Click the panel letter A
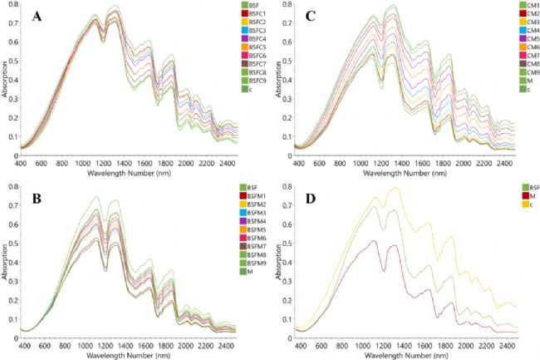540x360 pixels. (x=37, y=17)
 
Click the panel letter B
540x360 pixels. (x=38, y=200)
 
